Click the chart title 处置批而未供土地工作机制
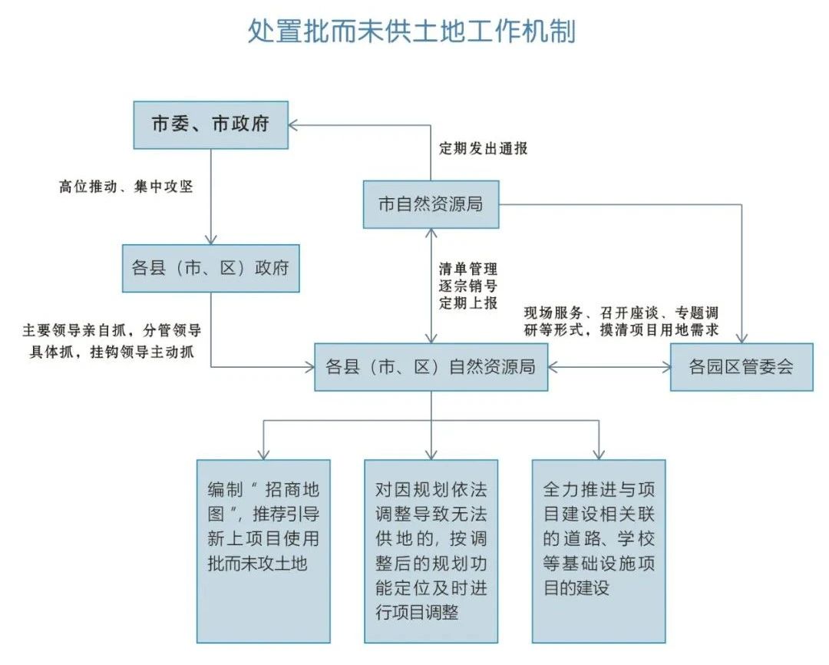[x=411, y=32]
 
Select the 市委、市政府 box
[x=210, y=124]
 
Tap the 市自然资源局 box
[x=431, y=204]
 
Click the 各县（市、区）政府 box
[x=210, y=268]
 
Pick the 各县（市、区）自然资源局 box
[x=431, y=367]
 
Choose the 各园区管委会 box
[x=741, y=367]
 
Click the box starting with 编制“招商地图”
[x=263, y=551]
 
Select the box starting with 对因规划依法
[x=431, y=551]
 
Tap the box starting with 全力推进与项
[x=599, y=551]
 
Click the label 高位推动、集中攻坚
[x=125, y=187]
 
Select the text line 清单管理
[x=468, y=270]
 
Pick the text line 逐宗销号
[x=468, y=286]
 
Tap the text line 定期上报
[x=468, y=303]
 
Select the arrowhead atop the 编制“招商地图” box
[x=263, y=453]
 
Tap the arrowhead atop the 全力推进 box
[x=599, y=453]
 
